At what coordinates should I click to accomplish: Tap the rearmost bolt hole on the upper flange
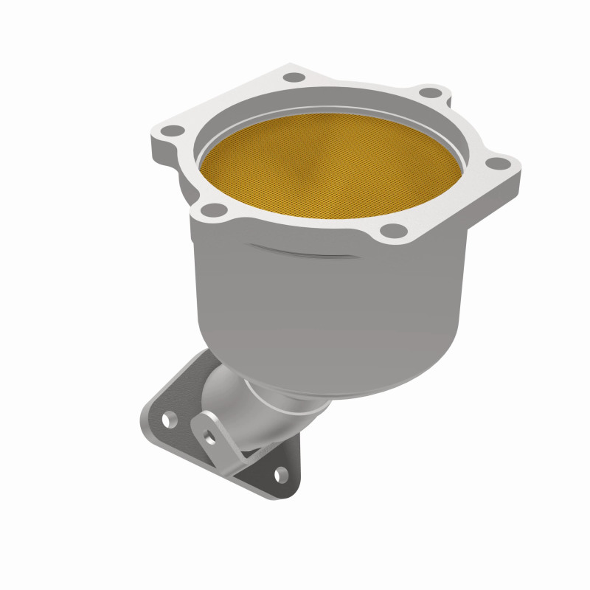(294, 77)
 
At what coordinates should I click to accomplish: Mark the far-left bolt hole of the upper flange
(172, 131)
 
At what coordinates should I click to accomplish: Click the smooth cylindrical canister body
(324, 310)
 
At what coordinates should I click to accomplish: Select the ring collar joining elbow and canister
(295, 402)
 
